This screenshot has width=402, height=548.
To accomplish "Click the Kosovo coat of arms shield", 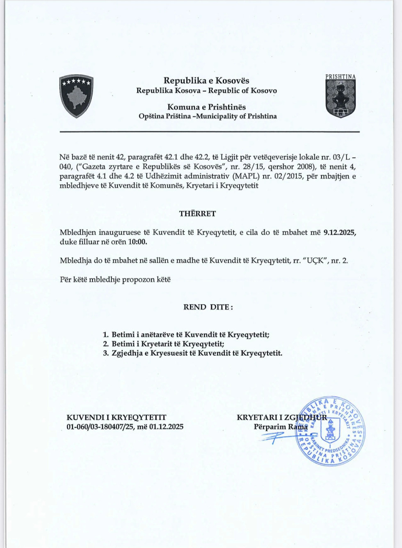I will point(76,96).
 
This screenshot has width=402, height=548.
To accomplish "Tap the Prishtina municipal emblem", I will point(340,98).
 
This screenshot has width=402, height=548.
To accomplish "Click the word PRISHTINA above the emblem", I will point(340,77).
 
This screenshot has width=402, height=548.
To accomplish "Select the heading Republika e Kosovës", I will point(206,80).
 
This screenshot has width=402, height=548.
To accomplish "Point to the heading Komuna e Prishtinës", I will point(206,107).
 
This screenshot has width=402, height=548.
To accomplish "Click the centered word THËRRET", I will point(197,214).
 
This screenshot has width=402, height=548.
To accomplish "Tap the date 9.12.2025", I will point(340,232).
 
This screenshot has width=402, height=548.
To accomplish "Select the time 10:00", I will point(137,242).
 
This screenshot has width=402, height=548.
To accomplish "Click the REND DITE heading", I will point(208,307).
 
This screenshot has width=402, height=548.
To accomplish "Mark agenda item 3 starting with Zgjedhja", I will point(197,353).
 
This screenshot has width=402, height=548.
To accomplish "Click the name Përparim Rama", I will point(281,427).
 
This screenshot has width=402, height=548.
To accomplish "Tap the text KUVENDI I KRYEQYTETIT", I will point(116,417).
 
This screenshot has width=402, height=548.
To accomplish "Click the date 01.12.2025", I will point(166,427).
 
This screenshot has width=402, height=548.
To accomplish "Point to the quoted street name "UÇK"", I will point(314,260).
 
